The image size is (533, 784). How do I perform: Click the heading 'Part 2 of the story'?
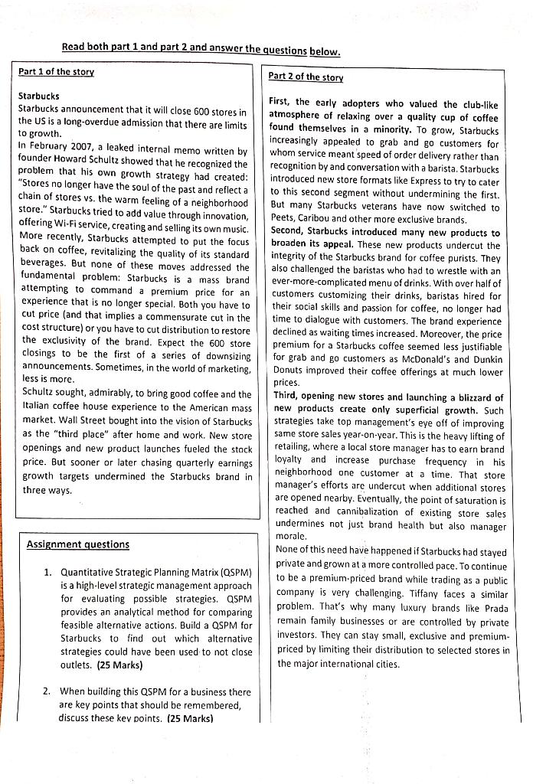pos(306,77)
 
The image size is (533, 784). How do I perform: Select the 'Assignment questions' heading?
pos(77,544)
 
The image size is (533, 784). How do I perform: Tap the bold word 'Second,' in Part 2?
pos(289,232)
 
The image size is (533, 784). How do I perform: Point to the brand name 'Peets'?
pos(285,220)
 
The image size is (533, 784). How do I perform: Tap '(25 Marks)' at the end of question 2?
pos(190,718)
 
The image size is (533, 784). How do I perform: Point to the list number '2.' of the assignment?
pos(47,691)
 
